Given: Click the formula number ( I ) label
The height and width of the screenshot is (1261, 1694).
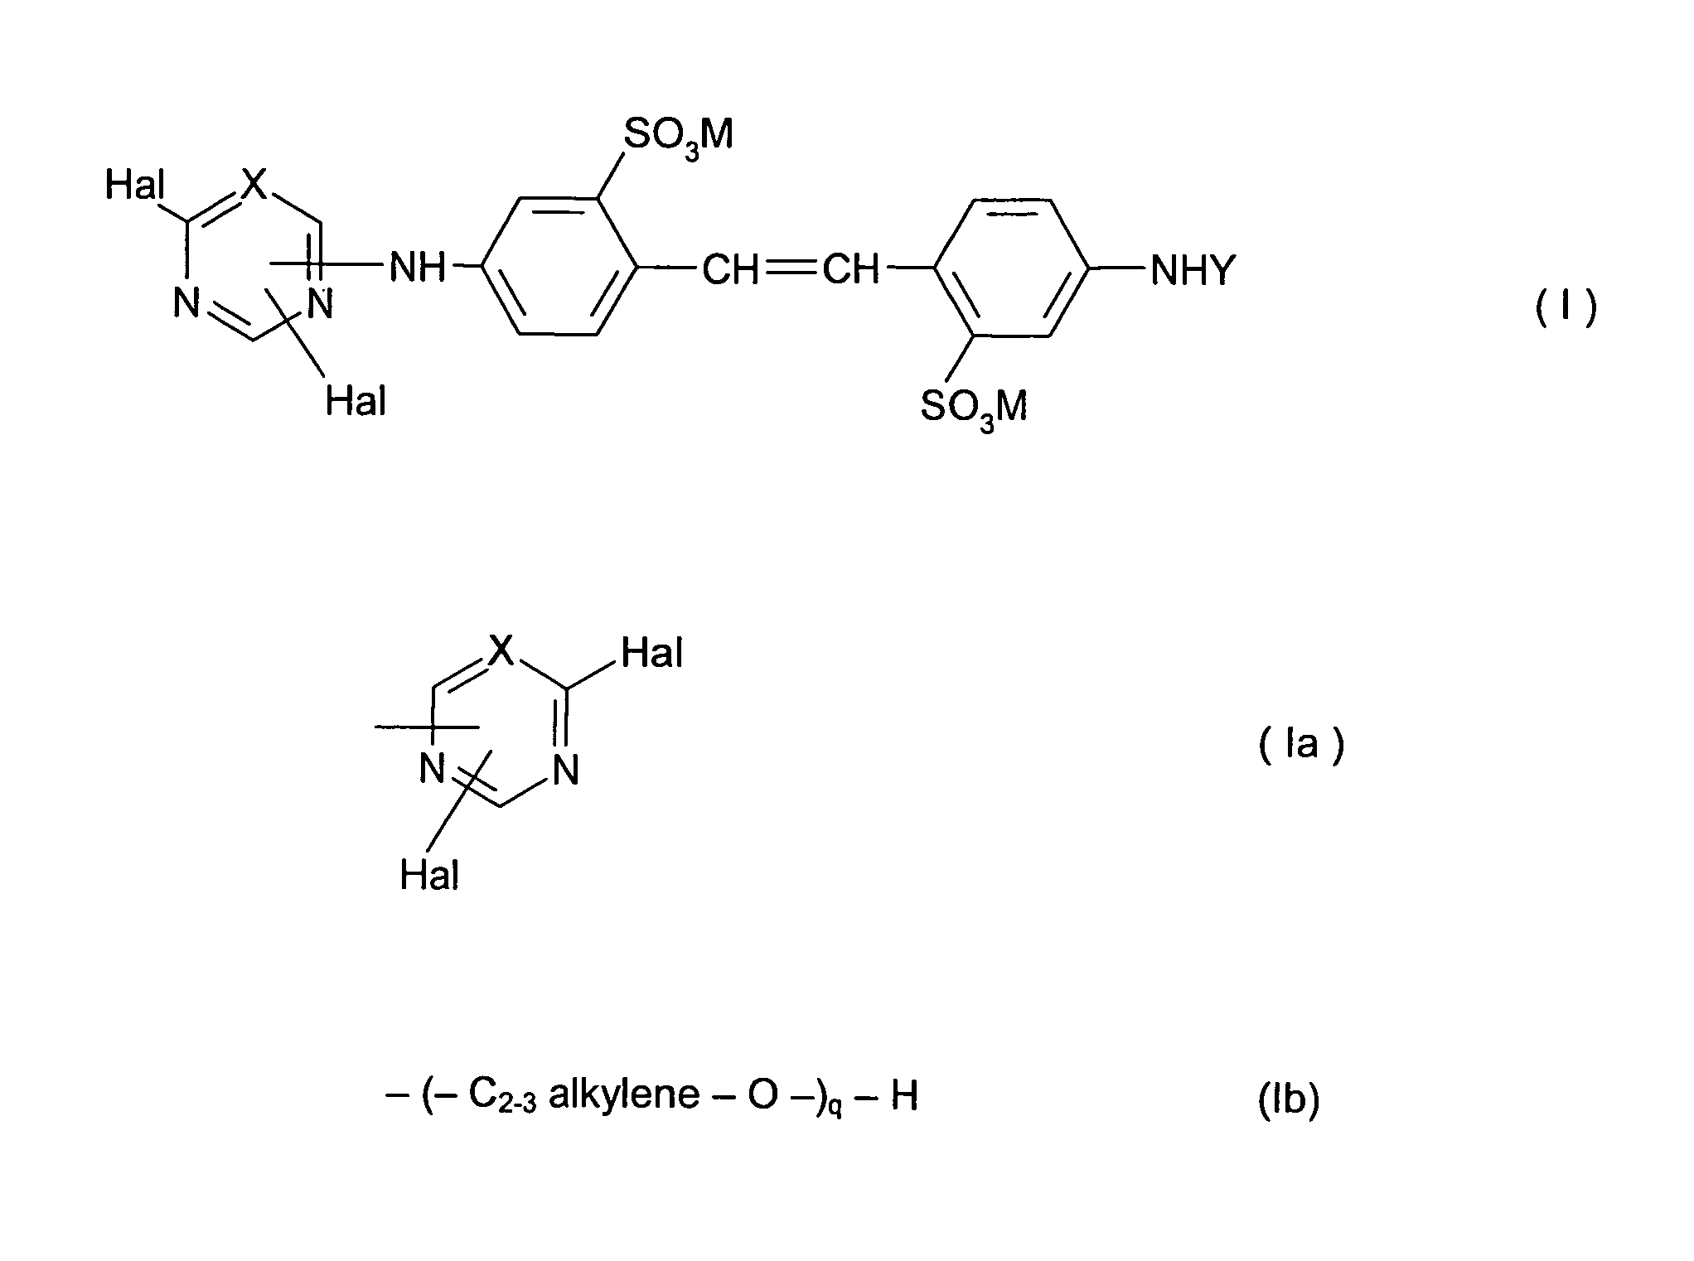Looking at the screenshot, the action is pyautogui.click(x=1566, y=308).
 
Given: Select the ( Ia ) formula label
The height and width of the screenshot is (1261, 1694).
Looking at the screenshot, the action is pyautogui.click(x=1301, y=746).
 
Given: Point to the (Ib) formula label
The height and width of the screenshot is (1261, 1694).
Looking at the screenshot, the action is pyautogui.click(x=1289, y=1101).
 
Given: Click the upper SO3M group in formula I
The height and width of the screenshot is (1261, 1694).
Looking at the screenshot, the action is pyautogui.click(x=678, y=136).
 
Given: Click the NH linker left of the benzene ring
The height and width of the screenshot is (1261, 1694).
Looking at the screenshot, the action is pyautogui.click(x=417, y=268).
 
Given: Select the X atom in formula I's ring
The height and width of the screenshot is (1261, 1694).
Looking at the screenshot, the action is pyautogui.click(x=255, y=185).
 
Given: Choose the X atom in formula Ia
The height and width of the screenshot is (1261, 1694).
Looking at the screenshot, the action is pyautogui.click(x=501, y=652).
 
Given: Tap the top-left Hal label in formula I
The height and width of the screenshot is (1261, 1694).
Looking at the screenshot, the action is pyautogui.click(x=135, y=186).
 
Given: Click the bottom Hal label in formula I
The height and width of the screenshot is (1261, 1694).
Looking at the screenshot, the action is pyautogui.click(x=356, y=402).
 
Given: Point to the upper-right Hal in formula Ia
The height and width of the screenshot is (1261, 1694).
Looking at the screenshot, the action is pyautogui.click(x=652, y=654).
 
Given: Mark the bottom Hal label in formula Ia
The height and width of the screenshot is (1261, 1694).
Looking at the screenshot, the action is pyautogui.click(x=429, y=875).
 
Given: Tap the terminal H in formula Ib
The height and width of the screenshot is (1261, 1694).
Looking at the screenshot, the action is pyautogui.click(x=904, y=1096).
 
